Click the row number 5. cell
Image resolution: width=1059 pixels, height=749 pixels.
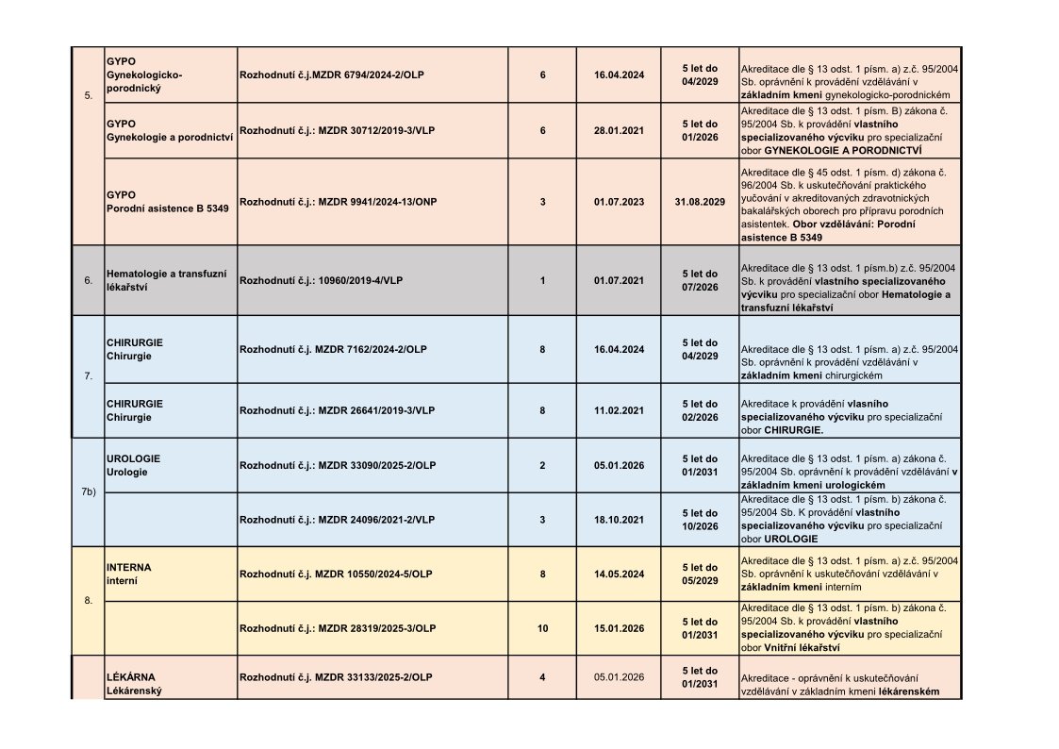[x=88, y=95]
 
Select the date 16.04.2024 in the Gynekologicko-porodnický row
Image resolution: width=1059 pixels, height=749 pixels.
[x=620, y=75]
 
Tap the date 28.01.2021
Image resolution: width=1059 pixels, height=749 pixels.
[x=620, y=130]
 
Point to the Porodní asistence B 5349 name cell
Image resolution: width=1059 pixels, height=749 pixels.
[x=168, y=200]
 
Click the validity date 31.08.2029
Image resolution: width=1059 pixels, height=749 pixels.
[x=699, y=201]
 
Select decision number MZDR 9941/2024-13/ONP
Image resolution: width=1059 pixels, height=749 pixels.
[x=339, y=201]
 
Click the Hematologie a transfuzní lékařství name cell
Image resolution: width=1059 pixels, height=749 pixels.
[x=167, y=279]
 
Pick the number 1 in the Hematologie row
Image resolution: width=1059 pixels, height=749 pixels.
[x=542, y=280]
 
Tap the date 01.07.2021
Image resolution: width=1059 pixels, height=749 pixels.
[x=620, y=280]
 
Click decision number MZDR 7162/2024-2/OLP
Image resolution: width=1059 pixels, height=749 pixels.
[x=333, y=349]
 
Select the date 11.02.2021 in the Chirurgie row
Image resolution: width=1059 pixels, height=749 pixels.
[x=620, y=410]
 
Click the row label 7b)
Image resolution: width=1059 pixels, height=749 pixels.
[x=88, y=491]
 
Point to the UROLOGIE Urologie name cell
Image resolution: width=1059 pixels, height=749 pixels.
[x=168, y=465]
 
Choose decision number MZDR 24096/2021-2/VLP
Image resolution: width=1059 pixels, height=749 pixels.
[x=338, y=520]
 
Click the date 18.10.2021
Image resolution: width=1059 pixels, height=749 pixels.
[x=620, y=520]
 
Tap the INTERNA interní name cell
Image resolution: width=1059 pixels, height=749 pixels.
[x=168, y=574]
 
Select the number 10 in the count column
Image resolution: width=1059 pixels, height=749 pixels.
[x=542, y=627]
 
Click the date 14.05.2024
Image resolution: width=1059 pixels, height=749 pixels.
[x=620, y=574]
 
